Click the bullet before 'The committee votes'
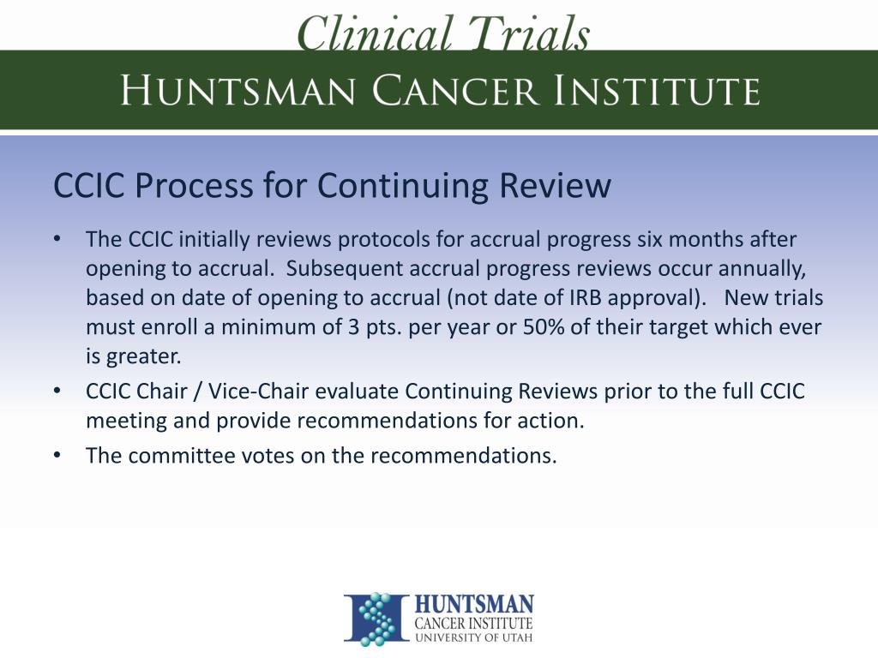57,455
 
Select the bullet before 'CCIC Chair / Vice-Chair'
57,392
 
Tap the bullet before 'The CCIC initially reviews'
57,239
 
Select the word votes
268,455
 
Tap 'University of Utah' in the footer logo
472,637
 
